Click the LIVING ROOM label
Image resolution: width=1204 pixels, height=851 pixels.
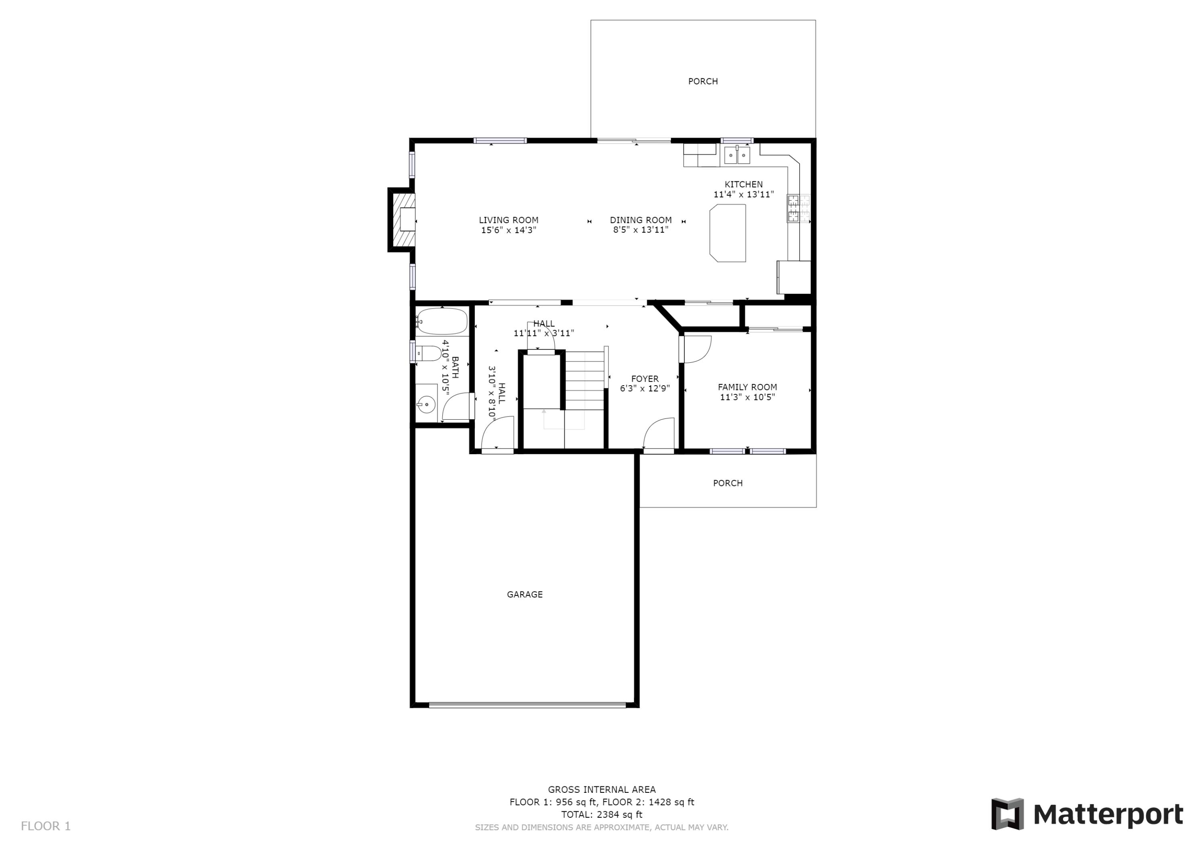click(x=508, y=220)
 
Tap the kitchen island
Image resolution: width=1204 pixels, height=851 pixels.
click(x=728, y=233)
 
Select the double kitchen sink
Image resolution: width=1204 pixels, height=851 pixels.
click(x=737, y=155)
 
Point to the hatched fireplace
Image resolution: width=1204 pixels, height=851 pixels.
click(x=402, y=220)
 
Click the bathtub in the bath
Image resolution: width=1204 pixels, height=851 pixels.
click(x=442, y=321)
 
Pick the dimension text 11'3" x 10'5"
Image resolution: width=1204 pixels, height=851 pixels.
click(x=747, y=398)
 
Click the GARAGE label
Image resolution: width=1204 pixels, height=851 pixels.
click(x=525, y=594)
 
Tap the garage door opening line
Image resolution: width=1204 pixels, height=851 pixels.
click(x=527, y=705)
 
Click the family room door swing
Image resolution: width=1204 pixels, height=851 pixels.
click(x=696, y=349)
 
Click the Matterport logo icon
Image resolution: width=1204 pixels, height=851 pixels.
click(x=1007, y=814)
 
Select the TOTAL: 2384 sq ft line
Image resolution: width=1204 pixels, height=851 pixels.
click(x=602, y=814)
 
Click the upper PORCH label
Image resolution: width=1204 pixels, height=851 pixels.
click(x=703, y=81)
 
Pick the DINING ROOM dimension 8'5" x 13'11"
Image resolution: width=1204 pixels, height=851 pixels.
click(x=640, y=230)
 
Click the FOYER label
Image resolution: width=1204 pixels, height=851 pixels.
click(x=645, y=379)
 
